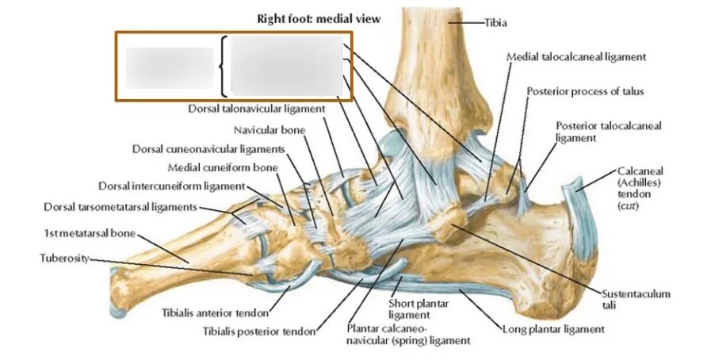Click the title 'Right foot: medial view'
[318, 18]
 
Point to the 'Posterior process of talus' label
[585, 91]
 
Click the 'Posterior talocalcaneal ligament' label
[608, 132]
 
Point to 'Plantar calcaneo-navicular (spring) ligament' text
[408, 334]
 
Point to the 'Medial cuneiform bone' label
[223, 167]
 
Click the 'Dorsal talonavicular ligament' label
[257, 109]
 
